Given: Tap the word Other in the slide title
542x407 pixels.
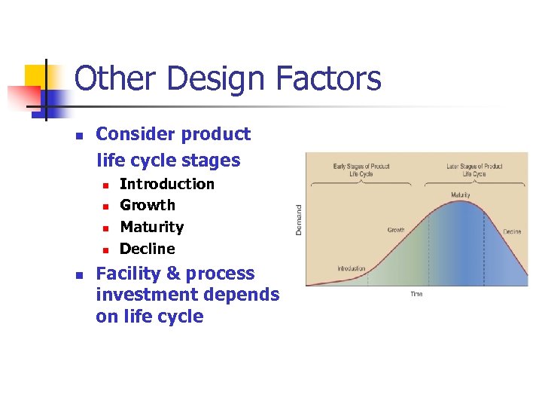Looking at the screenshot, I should (114, 79).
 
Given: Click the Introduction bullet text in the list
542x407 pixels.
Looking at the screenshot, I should (167, 184).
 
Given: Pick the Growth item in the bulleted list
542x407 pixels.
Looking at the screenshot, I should (148, 205).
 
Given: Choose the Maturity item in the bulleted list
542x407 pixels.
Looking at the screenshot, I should (152, 227).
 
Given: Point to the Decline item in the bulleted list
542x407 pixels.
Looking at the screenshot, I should (148, 249).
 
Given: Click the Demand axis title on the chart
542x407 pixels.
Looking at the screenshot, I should (299, 219).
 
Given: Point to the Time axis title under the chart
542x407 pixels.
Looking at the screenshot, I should (416, 294).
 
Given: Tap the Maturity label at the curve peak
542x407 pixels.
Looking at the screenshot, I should (461, 195).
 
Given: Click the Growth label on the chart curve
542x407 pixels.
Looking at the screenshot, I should (396, 230).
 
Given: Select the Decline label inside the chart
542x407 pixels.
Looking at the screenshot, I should (512, 231).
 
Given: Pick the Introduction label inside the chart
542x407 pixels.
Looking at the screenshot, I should (352, 268).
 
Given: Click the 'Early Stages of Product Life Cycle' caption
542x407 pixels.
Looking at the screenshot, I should (361, 170).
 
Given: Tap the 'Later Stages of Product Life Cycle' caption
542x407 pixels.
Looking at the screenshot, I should (474, 170).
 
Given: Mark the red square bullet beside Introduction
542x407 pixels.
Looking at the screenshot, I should (106, 185).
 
